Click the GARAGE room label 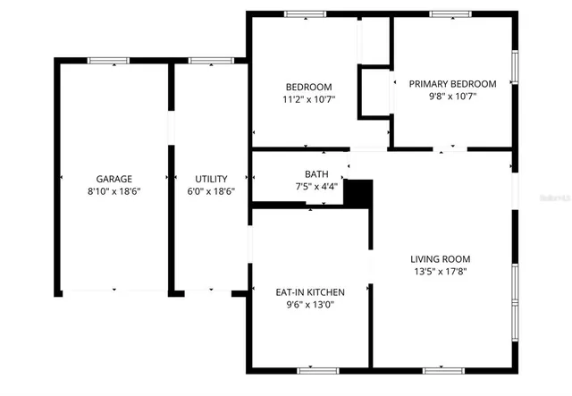coord(114,179)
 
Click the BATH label coord(316,174)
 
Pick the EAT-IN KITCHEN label coord(310,292)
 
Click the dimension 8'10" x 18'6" coord(114,191)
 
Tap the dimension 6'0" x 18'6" coord(212,191)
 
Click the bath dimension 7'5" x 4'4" coord(316,186)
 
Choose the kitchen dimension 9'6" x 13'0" coord(310,304)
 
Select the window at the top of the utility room coord(205,60)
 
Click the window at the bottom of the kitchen coord(318,368)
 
